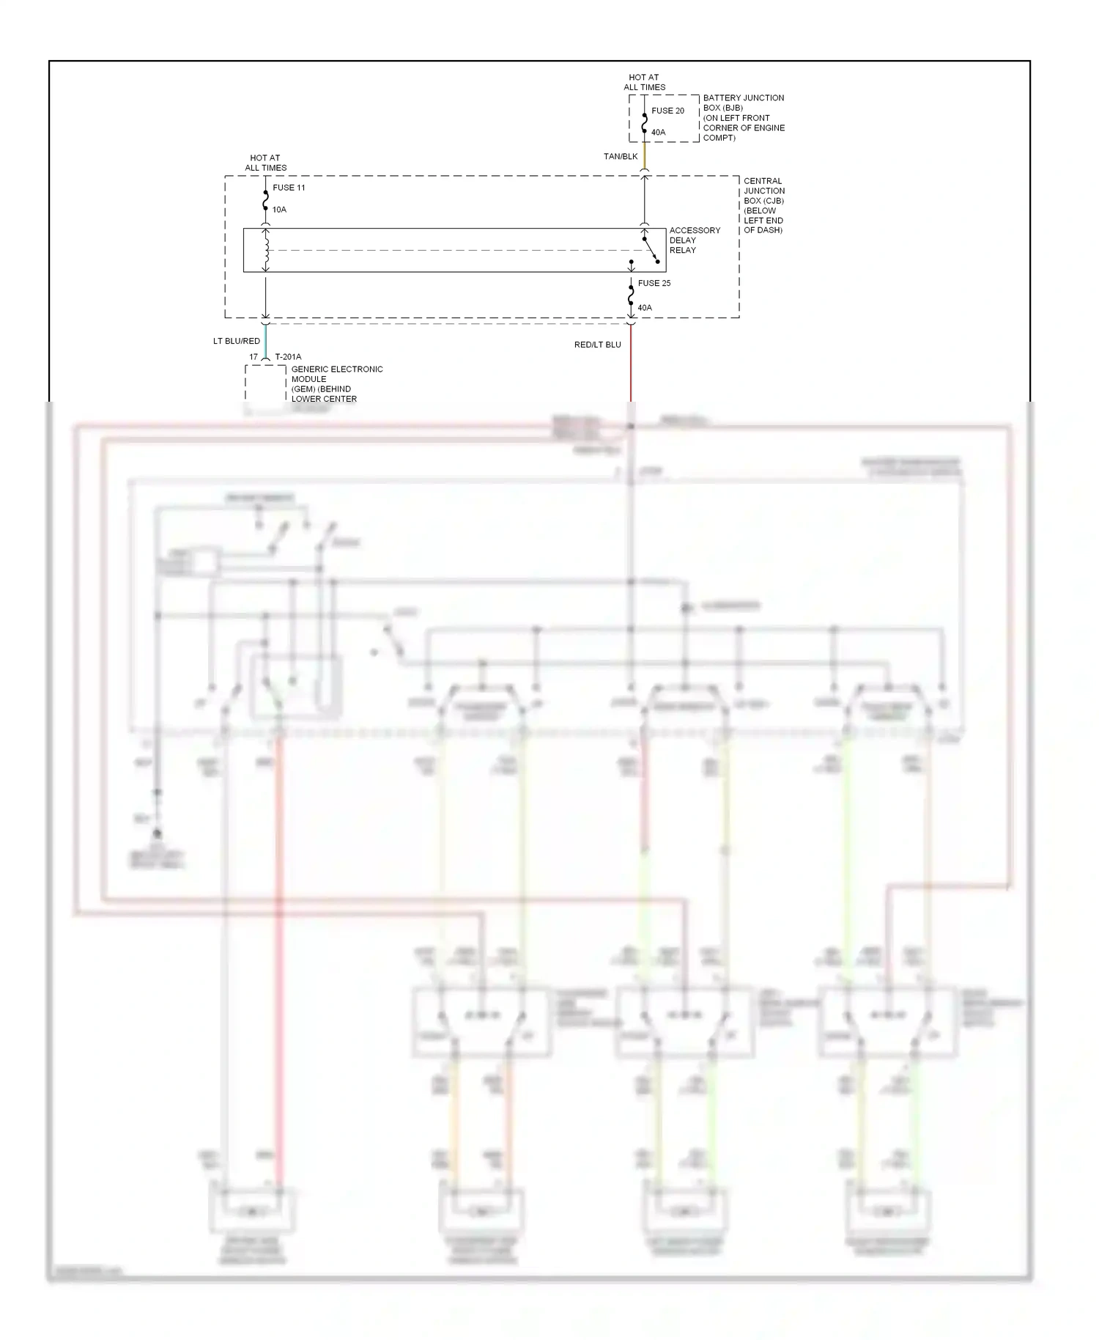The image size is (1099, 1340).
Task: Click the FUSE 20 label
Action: pyautogui.click(x=667, y=111)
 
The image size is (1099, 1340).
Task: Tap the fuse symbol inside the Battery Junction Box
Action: pyautogui.click(x=645, y=122)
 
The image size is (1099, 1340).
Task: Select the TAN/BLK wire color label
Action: pyautogui.click(x=621, y=156)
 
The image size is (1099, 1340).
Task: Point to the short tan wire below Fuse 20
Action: pyautogui.click(x=645, y=156)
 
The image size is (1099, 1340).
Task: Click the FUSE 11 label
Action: pyautogui.click(x=289, y=188)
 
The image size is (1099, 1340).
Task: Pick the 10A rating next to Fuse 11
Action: pyautogui.click(x=279, y=210)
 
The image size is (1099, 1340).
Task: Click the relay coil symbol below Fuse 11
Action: pyautogui.click(x=266, y=250)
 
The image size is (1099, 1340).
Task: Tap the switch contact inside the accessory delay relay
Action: pyautogui.click(x=651, y=250)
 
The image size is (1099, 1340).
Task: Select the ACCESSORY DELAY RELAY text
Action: pyautogui.click(x=694, y=240)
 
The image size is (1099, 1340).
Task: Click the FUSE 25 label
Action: pyautogui.click(x=654, y=283)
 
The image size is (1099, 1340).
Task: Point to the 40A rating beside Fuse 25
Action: pyautogui.click(x=645, y=308)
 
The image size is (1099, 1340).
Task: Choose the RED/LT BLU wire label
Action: pyautogui.click(x=598, y=345)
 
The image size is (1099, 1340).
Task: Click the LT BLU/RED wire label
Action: pyautogui.click(x=237, y=341)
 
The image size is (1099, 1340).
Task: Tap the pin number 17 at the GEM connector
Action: pyautogui.click(x=254, y=357)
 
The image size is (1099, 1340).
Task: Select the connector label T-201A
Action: pyautogui.click(x=288, y=357)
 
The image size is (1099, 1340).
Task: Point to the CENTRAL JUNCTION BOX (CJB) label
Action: pyautogui.click(x=763, y=205)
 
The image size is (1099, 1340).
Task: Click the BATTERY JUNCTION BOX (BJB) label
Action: pyautogui.click(x=744, y=117)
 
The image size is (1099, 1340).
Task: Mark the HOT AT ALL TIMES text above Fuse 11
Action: pyautogui.click(x=265, y=163)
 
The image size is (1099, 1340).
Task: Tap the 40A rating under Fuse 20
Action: pyautogui.click(x=658, y=133)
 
